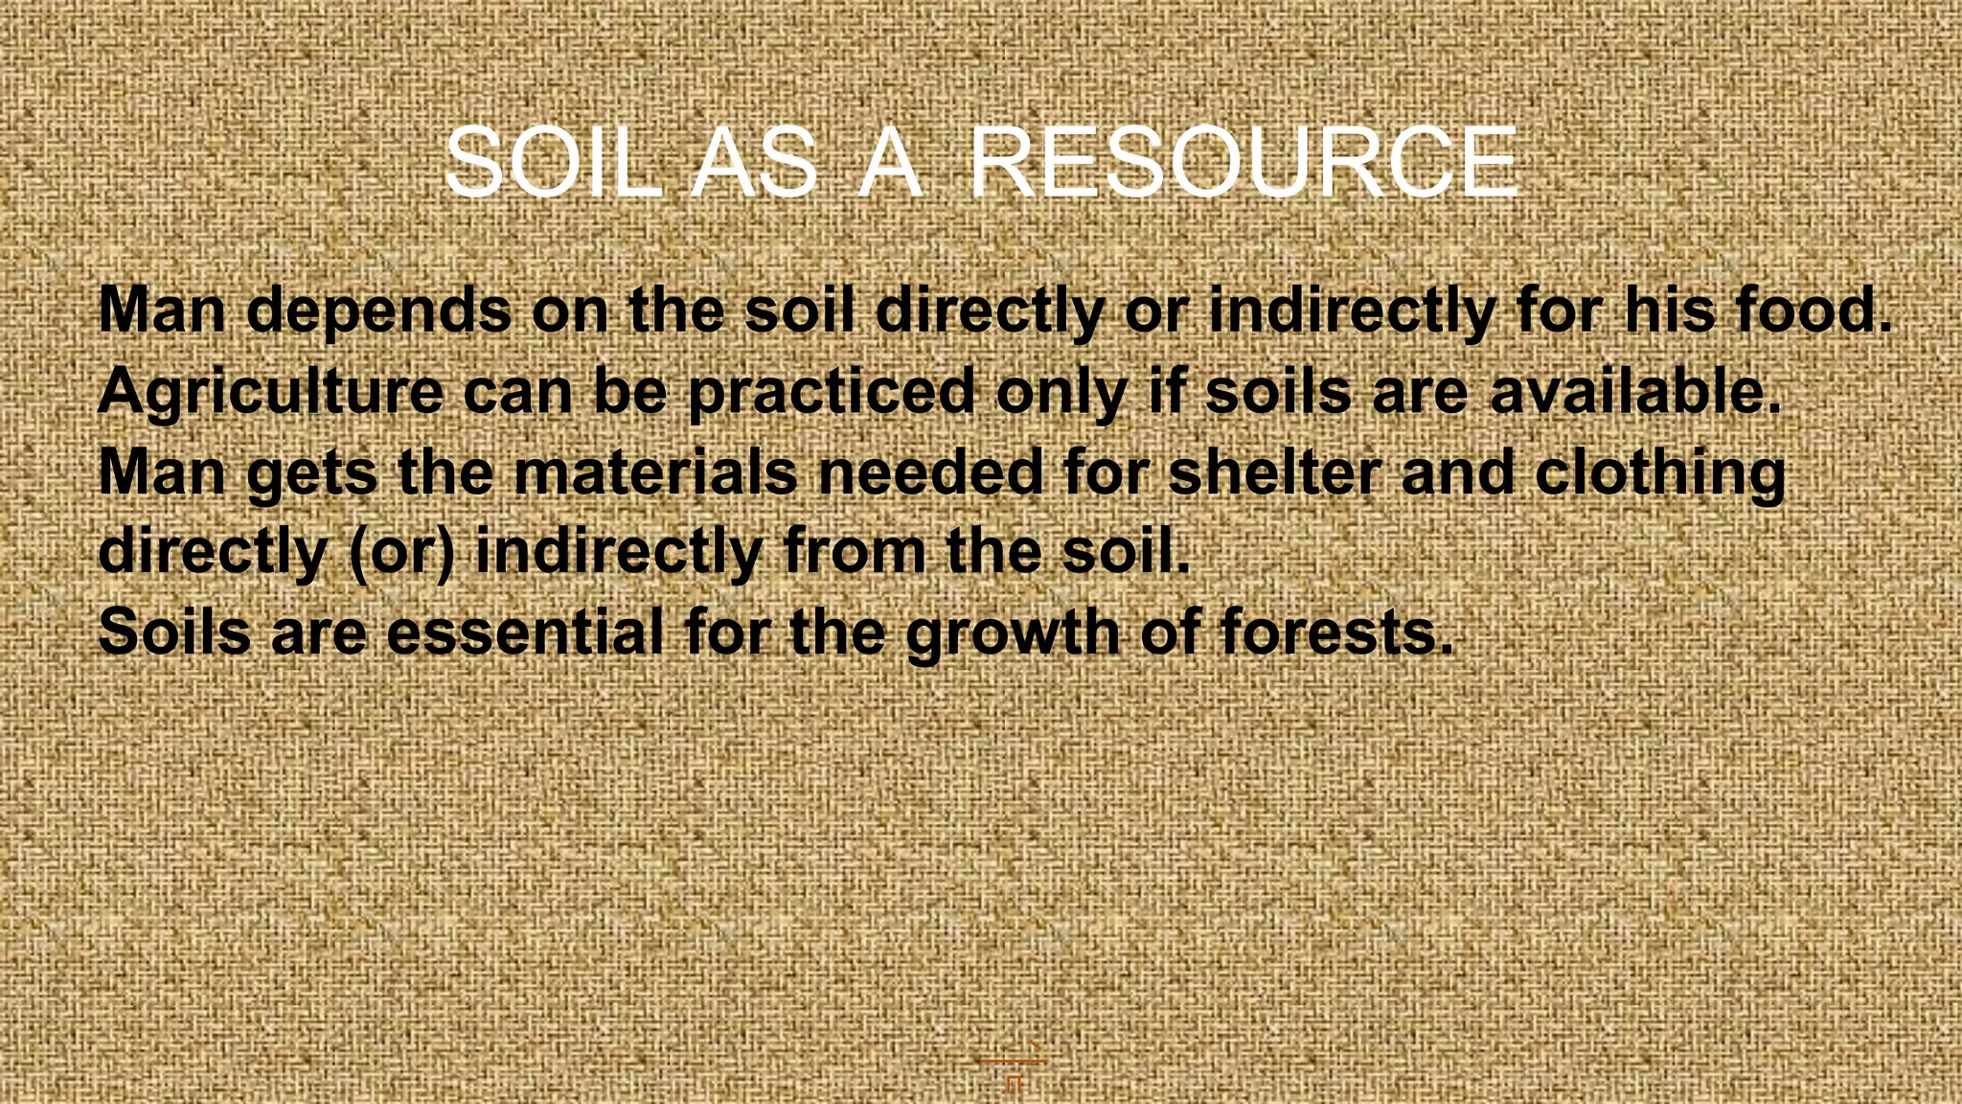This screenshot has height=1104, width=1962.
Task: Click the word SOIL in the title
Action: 554,164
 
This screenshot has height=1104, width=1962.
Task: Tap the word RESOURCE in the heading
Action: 1243,164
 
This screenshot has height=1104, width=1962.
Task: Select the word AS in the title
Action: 754,164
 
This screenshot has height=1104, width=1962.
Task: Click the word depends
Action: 379,311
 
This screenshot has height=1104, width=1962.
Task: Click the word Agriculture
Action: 270,392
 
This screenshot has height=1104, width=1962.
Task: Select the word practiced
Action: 831,392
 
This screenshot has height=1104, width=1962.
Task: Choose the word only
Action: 1061,392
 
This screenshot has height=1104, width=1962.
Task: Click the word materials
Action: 655,471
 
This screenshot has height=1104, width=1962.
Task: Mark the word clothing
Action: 1660,473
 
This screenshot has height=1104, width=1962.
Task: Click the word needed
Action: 930,471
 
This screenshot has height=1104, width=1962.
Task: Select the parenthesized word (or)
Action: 401,553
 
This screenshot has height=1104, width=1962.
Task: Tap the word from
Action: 854,551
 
